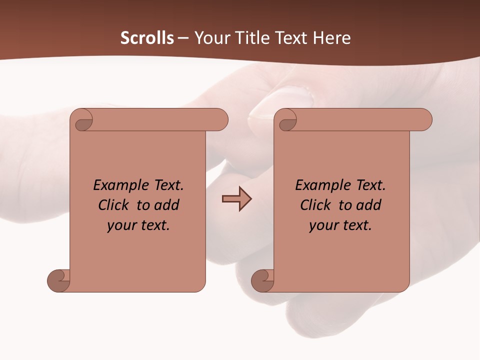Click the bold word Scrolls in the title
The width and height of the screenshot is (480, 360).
click(x=147, y=38)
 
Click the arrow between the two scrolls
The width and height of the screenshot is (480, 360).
click(x=236, y=199)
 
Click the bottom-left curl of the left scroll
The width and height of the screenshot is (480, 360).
click(x=59, y=280)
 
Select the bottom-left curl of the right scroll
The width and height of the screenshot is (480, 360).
click(x=263, y=280)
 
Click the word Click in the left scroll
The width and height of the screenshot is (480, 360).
click(x=109, y=205)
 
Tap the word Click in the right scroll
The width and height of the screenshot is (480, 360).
click(x=311, y=205)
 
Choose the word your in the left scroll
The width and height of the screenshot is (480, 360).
click(x=120, y=226)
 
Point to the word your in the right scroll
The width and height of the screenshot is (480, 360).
click(x=322, y=226)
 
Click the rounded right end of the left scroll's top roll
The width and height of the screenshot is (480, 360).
click(x=220, y=120)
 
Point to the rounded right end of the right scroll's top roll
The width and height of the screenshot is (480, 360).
click(x=424, y=120)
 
